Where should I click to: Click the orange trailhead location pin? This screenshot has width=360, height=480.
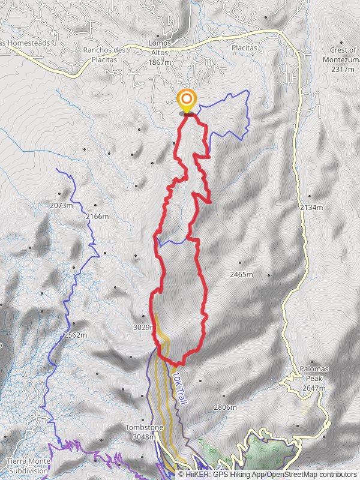(x=187, y=100)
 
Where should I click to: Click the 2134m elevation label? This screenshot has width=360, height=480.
(x=311, y=207)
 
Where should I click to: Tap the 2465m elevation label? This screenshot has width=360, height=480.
(x=241, y=274)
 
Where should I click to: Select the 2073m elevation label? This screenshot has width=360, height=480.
(x=61, y=205)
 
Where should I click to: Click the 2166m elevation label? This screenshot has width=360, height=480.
(x=97, y=216)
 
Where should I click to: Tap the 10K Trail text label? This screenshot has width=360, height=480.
(x=178, y=388)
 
